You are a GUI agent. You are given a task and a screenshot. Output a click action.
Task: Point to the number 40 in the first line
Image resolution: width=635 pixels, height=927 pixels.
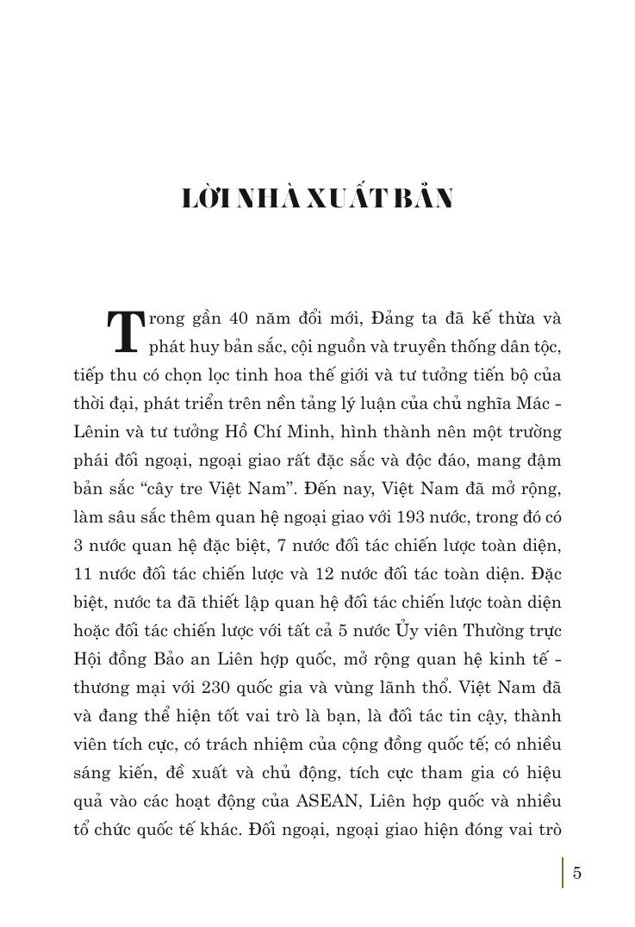(x=240, y=318)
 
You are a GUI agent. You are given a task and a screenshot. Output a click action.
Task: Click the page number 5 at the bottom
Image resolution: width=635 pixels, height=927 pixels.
(x=577, y=873)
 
